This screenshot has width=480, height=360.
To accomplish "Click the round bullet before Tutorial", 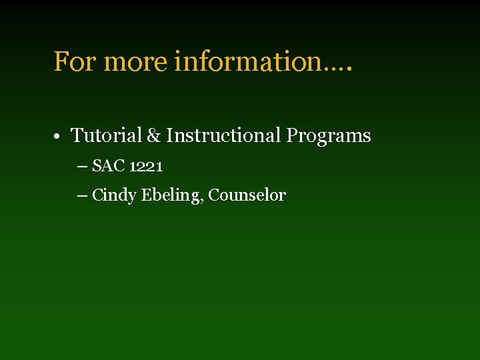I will tap(59, 137).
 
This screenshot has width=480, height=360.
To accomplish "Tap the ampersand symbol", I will tap(154, 136).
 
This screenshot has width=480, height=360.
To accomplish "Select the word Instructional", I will tap(224, 135).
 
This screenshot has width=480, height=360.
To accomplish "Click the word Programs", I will tap(329, 136).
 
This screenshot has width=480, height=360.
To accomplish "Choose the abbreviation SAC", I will tap(109, 165).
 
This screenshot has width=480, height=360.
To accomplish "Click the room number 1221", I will tap(146, 166).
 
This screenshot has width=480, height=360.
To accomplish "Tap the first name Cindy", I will tap(115, 195).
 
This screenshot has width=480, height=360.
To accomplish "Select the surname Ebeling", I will tap(171, 195).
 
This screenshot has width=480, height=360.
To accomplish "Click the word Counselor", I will tap(247, 195).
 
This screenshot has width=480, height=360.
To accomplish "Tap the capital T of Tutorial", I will tap(77, 135).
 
